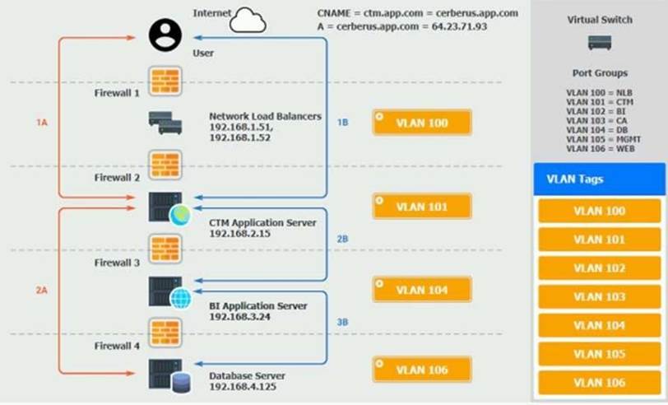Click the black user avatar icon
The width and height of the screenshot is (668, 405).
pos(165,35)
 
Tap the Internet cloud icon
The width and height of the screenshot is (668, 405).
pos(248,20)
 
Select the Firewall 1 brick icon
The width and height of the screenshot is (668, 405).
pos(165,81)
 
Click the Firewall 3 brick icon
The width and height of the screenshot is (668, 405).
pos(165,249)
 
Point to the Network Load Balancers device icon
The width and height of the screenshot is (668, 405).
pos(165,123)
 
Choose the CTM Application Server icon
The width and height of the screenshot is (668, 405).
pos(169,209)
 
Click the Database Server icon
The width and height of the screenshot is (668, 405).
pos(169,375)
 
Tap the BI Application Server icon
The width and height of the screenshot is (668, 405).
pos(169,292)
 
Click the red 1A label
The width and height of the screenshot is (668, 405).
pos(42,123)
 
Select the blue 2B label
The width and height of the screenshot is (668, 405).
pos(342,239)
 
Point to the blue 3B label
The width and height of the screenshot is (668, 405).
pos(342,323)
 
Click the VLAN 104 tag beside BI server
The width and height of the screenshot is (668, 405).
pos(422,290)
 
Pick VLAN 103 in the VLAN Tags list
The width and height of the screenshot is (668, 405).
pos(600,296)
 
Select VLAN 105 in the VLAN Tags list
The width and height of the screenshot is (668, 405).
pos(600,354)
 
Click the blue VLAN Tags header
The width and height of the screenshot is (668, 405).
pos(600,179)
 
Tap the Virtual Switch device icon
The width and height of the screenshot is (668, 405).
pos(600,43)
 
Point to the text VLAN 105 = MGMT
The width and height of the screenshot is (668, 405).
pos(603,139)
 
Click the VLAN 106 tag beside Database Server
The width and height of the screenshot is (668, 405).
pos(422,370)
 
